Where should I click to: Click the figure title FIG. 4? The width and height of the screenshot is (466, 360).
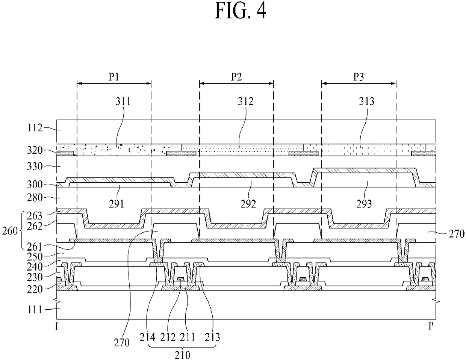tap(241, 11)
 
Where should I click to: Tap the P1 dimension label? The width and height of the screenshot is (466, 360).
tap(113, 77)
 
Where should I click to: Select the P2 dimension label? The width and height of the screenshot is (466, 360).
tap(236, 77)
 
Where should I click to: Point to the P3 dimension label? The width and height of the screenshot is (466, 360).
tap(359, 77)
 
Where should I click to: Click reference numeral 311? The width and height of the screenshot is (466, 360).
tap(123, 101)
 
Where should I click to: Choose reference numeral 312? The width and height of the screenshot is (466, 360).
tap(245, 101)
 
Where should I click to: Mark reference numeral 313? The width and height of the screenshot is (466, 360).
tap(367, 101)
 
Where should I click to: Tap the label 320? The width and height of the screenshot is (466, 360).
tap(35, 150)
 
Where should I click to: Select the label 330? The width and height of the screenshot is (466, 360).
tap(35, 166)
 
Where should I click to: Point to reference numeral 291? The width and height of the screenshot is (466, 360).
tap(116, 204)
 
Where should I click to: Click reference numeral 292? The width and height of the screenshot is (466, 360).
tap(248, 204)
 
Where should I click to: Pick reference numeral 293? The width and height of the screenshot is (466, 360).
tap(364, 204)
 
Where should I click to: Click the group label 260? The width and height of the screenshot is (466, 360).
tap(10, 231)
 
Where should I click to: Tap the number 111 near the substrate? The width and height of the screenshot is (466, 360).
tap(35, 310)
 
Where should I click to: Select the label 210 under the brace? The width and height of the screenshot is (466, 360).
tap(182, 355)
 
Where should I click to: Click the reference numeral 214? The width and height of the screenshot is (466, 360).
tap(148, 337)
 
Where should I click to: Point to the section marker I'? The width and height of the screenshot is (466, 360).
tap(431, 327)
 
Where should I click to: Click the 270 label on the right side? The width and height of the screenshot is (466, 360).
tap(457, 234)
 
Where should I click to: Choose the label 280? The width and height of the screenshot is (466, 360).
tap(35, 198)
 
